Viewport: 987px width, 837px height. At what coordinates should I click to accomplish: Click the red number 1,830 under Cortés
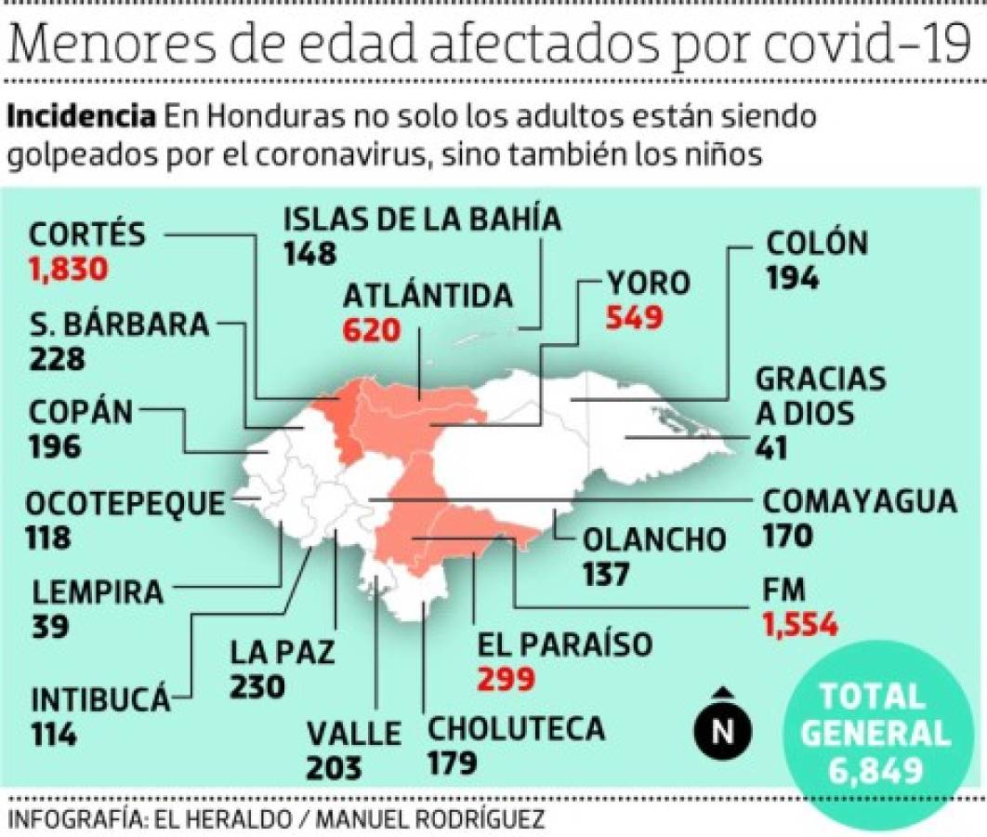tap(70, 269)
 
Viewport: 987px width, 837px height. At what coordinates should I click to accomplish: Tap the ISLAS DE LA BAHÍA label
tap(422, 219)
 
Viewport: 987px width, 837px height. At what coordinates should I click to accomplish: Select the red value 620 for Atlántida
tap(371, 330)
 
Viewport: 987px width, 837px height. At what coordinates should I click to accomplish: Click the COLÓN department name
tap(817, 244)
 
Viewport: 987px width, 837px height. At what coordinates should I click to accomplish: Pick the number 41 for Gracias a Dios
tap(770, 447)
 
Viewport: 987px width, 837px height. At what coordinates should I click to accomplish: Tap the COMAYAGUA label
tap(859, 500)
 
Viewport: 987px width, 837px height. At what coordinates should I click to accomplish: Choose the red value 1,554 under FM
tap(800, 624)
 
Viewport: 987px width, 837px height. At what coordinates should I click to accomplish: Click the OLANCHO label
tap(654, 538)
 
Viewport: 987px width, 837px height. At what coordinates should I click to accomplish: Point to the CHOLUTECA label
tap(516, 728)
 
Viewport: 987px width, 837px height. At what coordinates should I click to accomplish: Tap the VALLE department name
tap(354, 733)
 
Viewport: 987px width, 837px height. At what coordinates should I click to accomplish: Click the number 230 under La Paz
tap(257, 686)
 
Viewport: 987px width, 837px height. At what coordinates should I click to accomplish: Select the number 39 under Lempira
tap(50, 627)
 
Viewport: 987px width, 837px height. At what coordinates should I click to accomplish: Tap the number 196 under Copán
tap(55, 445)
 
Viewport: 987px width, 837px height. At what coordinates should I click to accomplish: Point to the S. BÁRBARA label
tap(119, 325)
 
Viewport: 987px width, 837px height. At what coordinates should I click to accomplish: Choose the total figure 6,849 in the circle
tap(875, 769)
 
